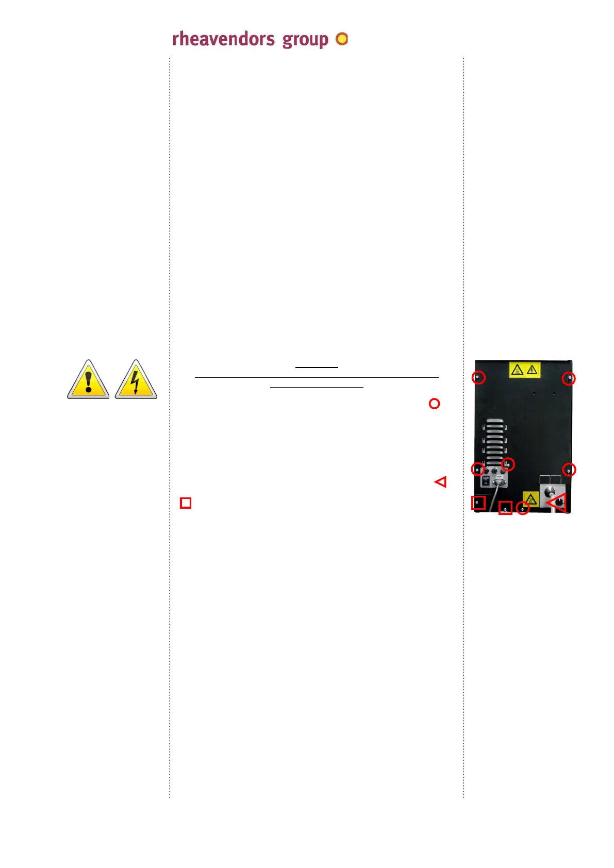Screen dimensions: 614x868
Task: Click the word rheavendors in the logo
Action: (x=223, y=39)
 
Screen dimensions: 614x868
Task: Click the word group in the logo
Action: (x=305, y=40)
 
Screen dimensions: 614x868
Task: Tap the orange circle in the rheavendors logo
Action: (x=342, y=39)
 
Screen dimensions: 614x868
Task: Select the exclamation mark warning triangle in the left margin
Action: (x=88, y=380)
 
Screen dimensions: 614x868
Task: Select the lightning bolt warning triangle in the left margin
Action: (x=136, y=380)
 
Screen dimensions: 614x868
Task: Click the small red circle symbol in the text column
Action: (x=434, y=404)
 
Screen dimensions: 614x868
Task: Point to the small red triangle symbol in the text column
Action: (x=441, y=482)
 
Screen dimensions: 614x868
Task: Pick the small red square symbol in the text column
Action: (x=186, y=503)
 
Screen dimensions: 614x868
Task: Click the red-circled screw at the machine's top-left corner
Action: (x=479, y=377)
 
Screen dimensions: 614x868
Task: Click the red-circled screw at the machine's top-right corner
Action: (x=569, y=378)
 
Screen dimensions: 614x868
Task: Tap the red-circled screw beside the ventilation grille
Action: (x=508, y=464)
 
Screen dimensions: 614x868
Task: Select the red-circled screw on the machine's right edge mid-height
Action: (x=569, y=470)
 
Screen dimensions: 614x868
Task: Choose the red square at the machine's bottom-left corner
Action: (x=478, y=503)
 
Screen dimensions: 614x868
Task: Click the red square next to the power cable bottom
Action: (x=505, y=508)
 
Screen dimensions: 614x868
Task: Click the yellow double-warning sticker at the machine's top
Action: (x=524, y=370)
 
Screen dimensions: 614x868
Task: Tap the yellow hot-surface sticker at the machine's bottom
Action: (x=530, y=498)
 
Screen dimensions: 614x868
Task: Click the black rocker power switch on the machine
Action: (x=486, y=481)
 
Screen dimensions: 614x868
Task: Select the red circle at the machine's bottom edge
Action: (x=523, y=508)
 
